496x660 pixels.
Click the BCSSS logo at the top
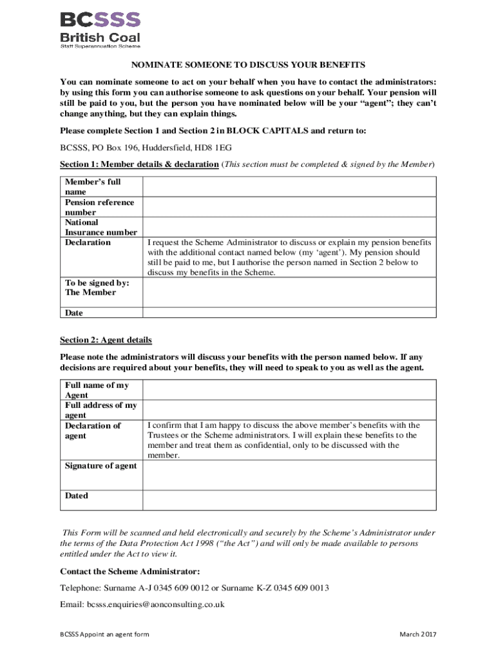(x=100, y=28)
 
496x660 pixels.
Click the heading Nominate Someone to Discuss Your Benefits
(x=248, y=65)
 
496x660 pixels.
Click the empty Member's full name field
(x=289, y=187)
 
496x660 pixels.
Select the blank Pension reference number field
(x=289, y=207)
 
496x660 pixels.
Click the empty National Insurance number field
(x=289, y=227)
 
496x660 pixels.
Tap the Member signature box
(x=289, y=292)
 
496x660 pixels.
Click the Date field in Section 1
(x=289, y=313)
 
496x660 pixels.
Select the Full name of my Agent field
(x=289, y=390)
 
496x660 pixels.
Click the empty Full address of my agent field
(x=289, y=410)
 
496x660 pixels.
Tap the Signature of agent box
(x=289, y=476)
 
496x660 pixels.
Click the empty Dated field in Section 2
(x=289, y=501)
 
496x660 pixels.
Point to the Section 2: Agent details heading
(x=106, y=340)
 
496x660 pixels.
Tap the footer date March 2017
(x=417, y=635)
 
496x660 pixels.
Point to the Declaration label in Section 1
(x=88, y=242)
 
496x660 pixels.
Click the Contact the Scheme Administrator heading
(x=129, y=571)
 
